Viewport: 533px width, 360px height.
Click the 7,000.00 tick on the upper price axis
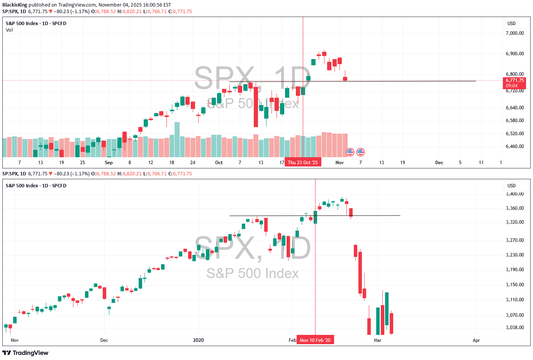tap(514, 33)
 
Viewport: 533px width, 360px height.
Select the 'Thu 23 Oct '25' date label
tap(303, 163)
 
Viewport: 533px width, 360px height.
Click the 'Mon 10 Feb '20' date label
tap(315, 340)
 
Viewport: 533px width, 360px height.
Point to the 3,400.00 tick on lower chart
tap(514, 194)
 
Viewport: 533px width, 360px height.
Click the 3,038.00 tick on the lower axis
tap(514, 328)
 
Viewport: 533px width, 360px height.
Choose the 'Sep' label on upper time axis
tap(109, 163)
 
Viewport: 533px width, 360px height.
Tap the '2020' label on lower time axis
tap(198, 340)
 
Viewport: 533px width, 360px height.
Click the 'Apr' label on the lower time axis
tap(476, 340)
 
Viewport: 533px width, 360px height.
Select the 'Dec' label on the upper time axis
tap(439, 163)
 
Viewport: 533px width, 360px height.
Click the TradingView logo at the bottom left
tap(25, 353)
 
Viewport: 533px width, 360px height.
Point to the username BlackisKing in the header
tap(15, 5)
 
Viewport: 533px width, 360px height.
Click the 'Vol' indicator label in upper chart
tap(9, 30)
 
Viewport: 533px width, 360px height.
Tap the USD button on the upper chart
tap(512, 24)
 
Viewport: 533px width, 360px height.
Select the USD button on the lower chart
tap(512, 186)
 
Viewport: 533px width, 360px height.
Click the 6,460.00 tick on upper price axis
tap(514, 146)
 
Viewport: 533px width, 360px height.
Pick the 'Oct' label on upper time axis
tap(219, 163)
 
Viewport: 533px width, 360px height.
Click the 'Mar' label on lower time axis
tap(377, 340)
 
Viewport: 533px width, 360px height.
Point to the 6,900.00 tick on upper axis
tap(514, 54)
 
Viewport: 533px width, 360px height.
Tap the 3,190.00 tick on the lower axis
tap(514, 270)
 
